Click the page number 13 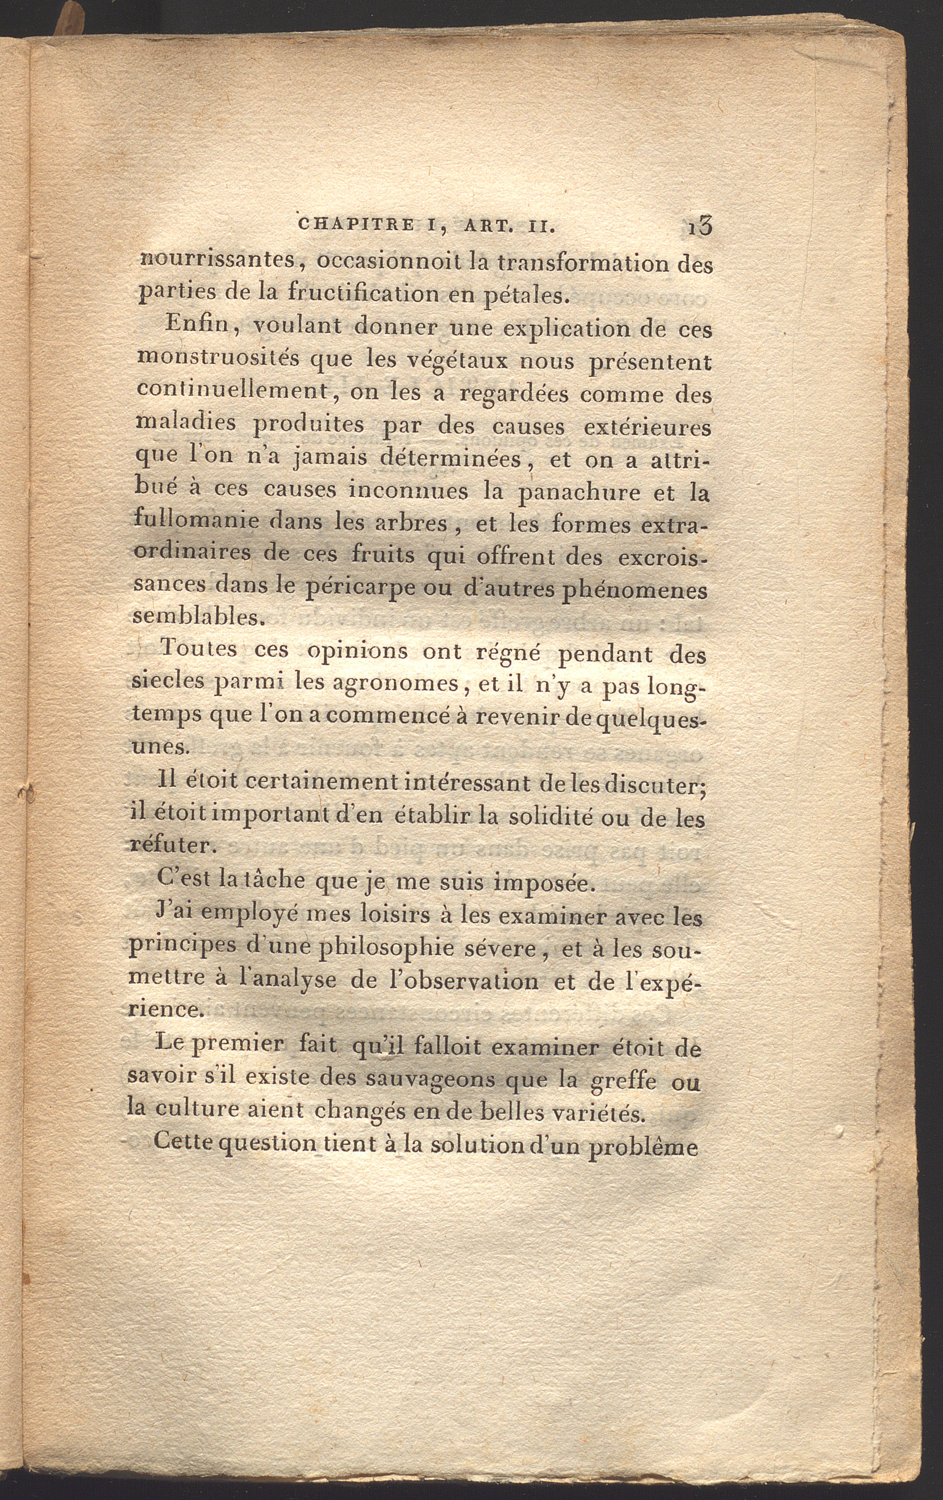[700, 226]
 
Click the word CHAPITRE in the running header [356, 224]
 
